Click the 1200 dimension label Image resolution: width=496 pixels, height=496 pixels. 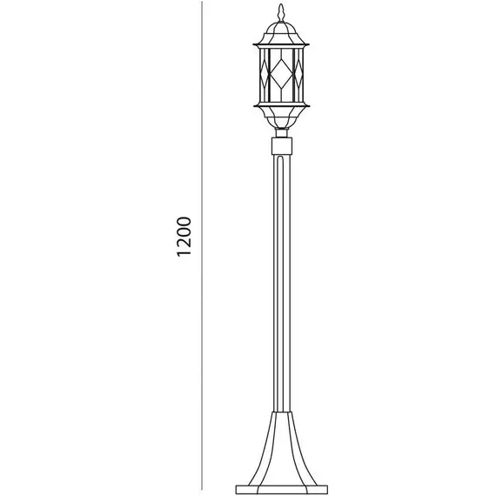(184, 237)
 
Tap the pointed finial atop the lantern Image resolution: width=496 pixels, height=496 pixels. (281, 12)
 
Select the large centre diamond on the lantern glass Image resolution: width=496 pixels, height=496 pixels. (281, 75)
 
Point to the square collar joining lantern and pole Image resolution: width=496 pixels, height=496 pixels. (282, 145)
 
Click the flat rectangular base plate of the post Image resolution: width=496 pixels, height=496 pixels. (282, 490)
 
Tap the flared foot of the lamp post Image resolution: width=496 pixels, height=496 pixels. (282, 449)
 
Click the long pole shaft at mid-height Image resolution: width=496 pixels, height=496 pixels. (282, 283)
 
